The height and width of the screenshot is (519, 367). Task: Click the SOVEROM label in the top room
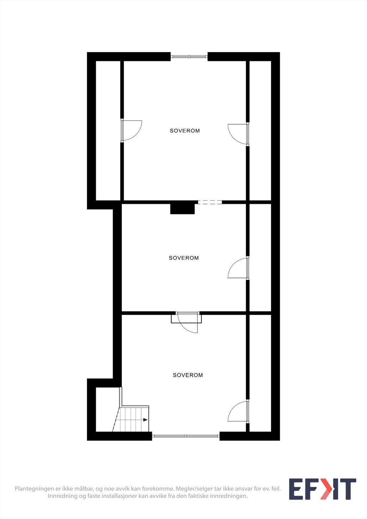(x=185, y=131)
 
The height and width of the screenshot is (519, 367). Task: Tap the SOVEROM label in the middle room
(x=184, y=258)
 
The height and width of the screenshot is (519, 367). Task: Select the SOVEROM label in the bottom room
(x=188, y=375)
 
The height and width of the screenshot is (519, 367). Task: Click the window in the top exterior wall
(x=189, y=56)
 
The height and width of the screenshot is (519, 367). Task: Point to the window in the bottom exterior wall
(x=186, y=436)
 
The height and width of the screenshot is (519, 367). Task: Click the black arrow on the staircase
(x=145, y=420)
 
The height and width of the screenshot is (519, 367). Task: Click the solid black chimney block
(x=182, y=208)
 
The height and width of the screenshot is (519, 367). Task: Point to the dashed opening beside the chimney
(x=210, y=202)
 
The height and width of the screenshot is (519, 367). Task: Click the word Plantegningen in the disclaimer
(x=34, y=489)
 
